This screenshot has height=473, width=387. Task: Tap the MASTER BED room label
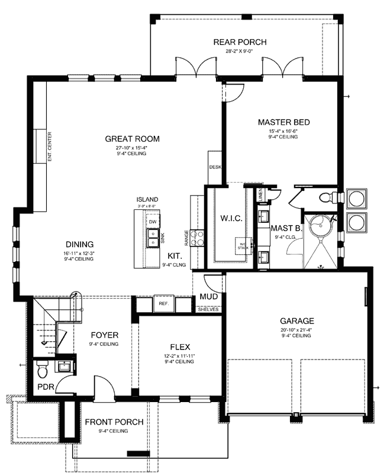284,122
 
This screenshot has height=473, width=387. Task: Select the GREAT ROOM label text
133,139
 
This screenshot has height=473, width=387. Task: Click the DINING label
79,244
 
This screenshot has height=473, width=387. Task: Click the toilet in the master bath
324,197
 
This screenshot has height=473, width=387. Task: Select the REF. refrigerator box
164,303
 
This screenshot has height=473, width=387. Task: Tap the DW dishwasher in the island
153,222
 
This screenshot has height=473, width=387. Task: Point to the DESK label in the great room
215,167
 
